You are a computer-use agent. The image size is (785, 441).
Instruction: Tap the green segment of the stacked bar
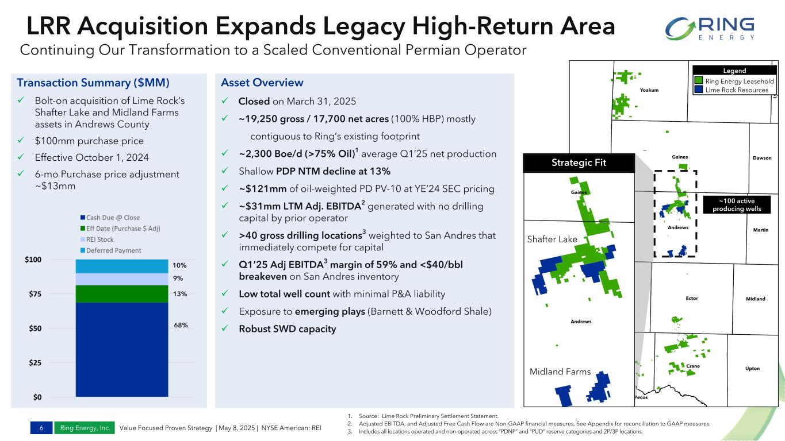[121, 293]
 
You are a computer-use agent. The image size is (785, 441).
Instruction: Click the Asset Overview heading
[262, 83]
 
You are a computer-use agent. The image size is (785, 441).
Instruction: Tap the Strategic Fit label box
[579, 163]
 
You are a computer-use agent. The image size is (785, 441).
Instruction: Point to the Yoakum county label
[649, 90]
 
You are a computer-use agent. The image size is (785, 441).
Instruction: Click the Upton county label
[752, 368]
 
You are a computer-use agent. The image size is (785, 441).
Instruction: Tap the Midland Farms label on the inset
[560, 372]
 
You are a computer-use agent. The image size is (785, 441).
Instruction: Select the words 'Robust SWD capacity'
[287, 329]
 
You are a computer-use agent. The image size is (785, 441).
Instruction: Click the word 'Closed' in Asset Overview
[254, 102]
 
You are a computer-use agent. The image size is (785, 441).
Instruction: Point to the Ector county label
[692, 298]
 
